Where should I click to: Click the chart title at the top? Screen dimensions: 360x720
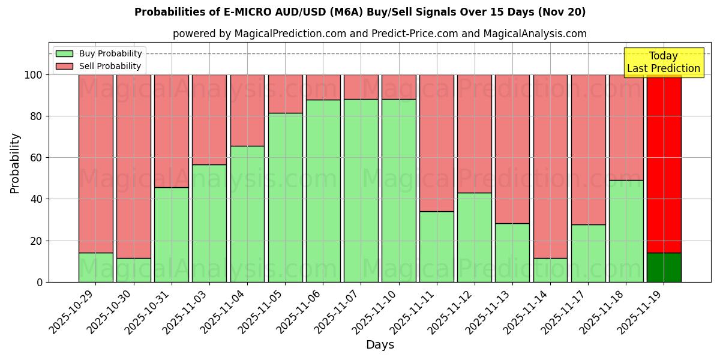(x=360, y=12)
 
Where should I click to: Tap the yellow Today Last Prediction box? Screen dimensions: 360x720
(x=664, y=62)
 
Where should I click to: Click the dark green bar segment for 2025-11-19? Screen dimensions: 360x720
(x=664, y=267)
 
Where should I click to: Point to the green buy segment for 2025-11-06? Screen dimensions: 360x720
(x=323, y=191)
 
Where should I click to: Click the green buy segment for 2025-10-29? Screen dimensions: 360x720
(x=95, y=267)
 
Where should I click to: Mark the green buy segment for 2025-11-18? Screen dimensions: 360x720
(x=626, y=231)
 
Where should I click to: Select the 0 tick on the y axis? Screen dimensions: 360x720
(x=40, y=282)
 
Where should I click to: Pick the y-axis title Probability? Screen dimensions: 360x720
(x=15, y=163)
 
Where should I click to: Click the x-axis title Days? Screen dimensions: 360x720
(x=380, y=345)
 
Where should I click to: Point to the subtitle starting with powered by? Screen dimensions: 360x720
(x=380, y=34)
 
